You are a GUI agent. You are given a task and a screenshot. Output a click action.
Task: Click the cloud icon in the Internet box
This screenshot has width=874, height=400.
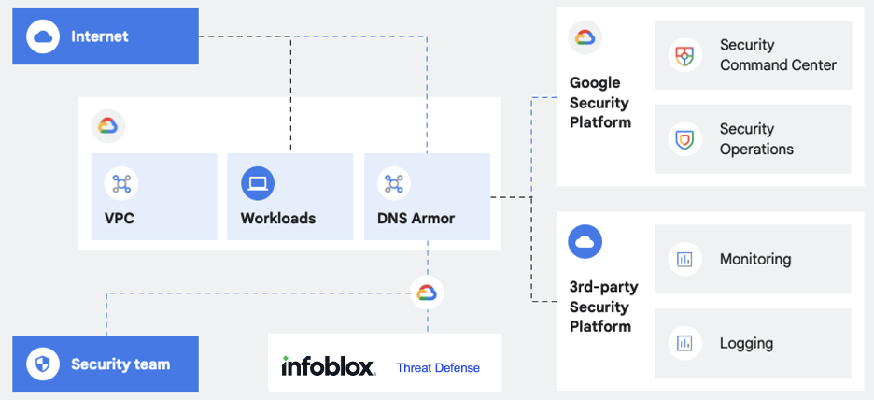pos(43,37)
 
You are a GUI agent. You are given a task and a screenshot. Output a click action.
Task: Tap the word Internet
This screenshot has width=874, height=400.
pos(100,37)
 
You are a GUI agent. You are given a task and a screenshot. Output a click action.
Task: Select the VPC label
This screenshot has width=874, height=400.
pos(120,219)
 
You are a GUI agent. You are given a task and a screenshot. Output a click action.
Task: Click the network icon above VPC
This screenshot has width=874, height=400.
pos(120,184)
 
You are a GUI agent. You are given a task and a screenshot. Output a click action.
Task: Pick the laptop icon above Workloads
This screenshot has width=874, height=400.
pos(257,184)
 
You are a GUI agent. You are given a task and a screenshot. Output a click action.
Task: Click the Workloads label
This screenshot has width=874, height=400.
pos(278,219)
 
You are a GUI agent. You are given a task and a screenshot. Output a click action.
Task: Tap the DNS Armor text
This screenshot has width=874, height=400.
pos(416,219)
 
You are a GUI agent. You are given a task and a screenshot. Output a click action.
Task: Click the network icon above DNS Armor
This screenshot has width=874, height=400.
pos(393,184)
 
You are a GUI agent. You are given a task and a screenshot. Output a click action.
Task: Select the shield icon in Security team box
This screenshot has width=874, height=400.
pos(43,364)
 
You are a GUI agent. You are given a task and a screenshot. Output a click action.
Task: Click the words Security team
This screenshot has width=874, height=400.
pos(120,364)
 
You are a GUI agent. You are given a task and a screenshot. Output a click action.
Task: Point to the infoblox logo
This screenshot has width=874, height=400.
pos(328,366)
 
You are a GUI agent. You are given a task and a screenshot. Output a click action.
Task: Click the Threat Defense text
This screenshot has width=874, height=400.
pos(438,368)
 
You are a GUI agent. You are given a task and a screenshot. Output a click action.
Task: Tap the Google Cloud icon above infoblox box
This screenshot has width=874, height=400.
pos(427,293)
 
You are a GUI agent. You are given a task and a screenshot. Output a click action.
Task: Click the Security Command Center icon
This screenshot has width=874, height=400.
pos(685,56)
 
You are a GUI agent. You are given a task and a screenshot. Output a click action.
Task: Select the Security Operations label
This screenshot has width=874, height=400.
pos(756,139)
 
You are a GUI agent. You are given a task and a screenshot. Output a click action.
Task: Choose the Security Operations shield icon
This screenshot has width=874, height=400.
pos(685,140)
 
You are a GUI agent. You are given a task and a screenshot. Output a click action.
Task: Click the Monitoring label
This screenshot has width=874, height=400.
pos(755,259)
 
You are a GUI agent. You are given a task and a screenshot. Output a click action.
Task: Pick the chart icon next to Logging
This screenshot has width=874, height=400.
pos(685,343)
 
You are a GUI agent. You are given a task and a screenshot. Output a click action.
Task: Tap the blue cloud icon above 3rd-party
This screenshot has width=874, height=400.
pos(585,242)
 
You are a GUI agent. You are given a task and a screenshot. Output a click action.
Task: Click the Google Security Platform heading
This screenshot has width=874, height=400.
pos(600,103)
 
